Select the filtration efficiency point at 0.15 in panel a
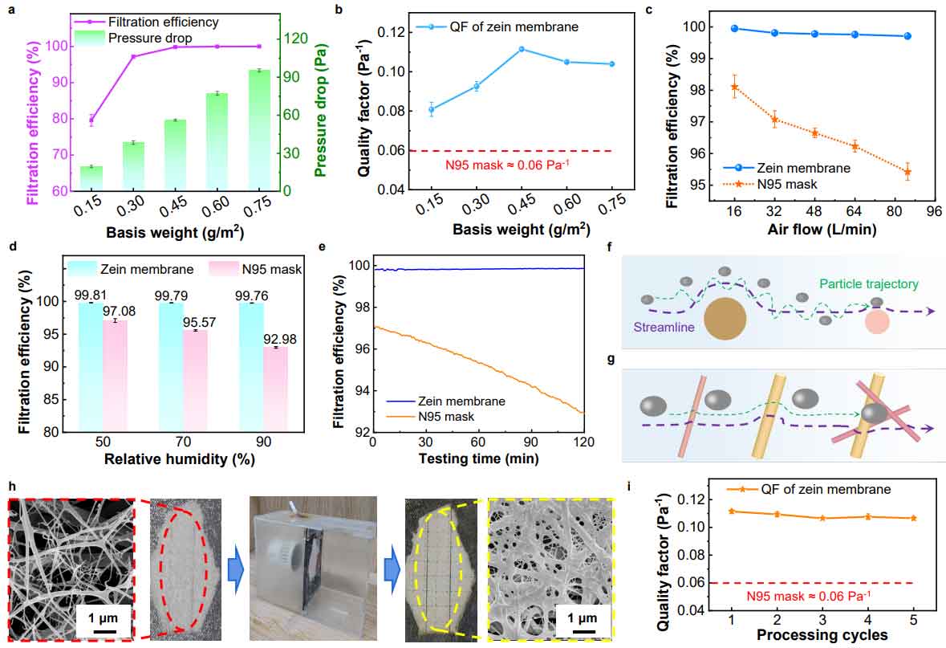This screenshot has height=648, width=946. (x=91, y=120)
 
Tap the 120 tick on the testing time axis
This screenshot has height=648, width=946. (x=583, y=442)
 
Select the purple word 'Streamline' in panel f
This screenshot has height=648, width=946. (x=664, y=328)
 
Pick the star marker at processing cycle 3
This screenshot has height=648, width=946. (x=823, y=518)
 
